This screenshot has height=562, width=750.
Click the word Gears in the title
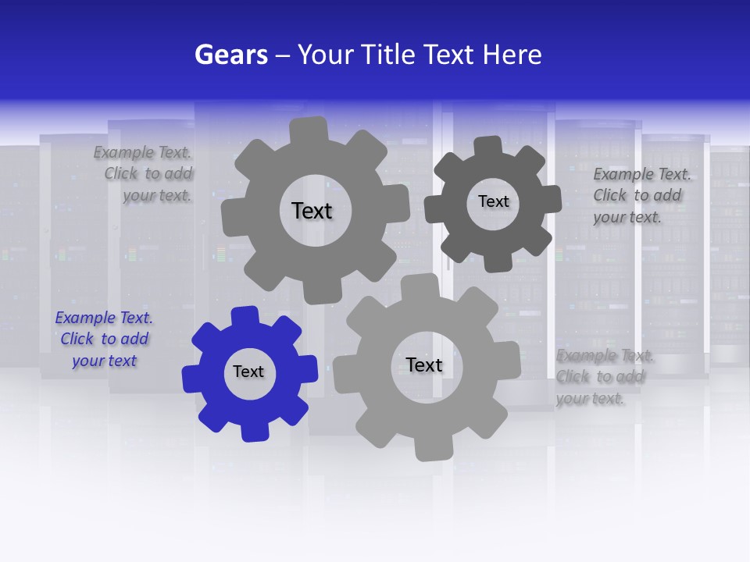tap(230, 55)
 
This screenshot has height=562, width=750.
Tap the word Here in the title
tap(512, 55)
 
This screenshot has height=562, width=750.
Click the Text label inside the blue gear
tap(248, 372)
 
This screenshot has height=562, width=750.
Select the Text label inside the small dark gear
tap(493, 201)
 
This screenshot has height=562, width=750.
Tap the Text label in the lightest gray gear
tap(424, 365)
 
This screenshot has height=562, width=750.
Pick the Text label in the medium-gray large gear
tap(312, 211)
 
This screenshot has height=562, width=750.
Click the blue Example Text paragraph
tap(104, 340)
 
